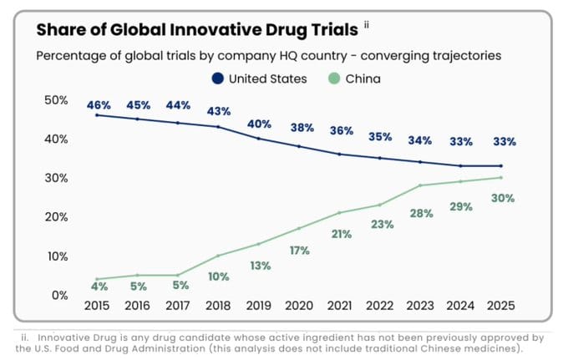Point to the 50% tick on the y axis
55,100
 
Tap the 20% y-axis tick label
55,217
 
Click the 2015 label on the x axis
98,306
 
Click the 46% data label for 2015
98,105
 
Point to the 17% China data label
300,250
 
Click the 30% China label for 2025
502,198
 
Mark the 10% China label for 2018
220,276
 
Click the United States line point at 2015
97,114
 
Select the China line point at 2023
421,185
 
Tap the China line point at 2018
218,256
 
